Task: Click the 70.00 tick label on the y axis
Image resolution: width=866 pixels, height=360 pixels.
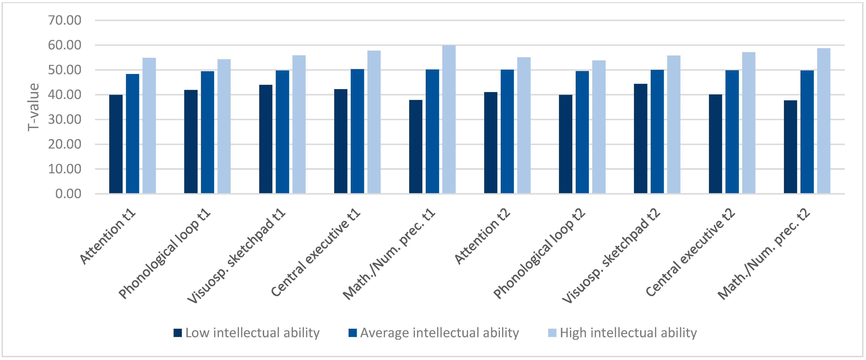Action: click(65, 20)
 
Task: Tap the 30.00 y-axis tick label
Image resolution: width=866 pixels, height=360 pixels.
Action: click(65, 119)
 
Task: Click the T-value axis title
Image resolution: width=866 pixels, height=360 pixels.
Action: click(34, 107)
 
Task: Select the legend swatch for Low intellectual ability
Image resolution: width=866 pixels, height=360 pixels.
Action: click(178, 333)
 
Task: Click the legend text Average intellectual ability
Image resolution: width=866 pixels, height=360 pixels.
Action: click(439, 333)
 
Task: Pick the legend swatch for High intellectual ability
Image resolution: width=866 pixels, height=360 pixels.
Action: click(552, 333)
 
